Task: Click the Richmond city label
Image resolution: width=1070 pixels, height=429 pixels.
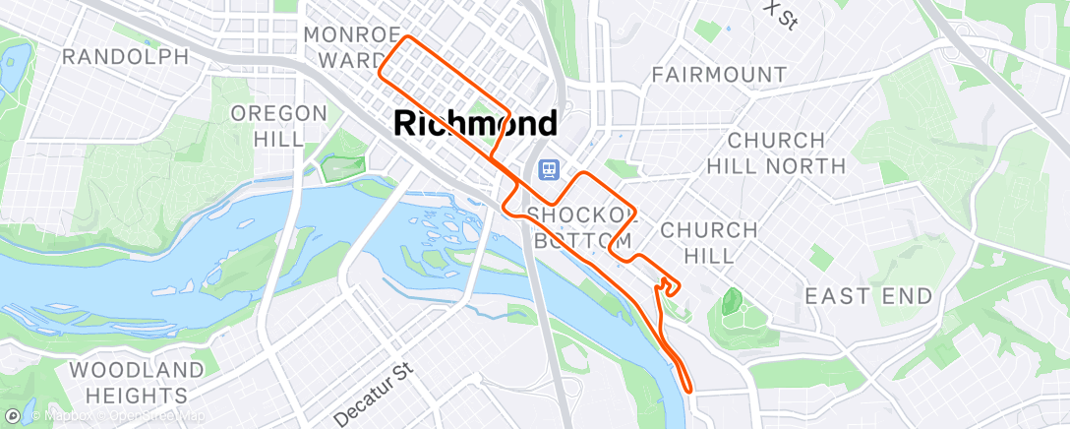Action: pos(476,123)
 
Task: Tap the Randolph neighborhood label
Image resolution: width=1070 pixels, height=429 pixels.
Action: pos(125,56)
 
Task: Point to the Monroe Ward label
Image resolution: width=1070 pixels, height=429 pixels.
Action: pos(351,47)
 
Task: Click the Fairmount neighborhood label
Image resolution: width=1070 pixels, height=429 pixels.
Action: pos(719,75)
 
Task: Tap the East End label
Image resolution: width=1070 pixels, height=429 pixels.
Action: pos(868,296)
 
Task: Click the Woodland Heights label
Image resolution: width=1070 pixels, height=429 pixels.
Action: pos(138,383)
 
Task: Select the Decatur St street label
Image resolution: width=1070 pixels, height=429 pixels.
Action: pos(375,393)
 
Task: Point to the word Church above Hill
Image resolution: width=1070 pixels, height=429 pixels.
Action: pos(708,230)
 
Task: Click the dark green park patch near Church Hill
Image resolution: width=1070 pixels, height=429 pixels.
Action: pos(731,301)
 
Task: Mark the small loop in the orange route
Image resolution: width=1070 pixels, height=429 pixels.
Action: pos(669,284)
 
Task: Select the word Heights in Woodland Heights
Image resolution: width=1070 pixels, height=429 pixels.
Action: pos(138,396)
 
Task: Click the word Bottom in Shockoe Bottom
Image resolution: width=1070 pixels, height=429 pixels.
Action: pos(581,241)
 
